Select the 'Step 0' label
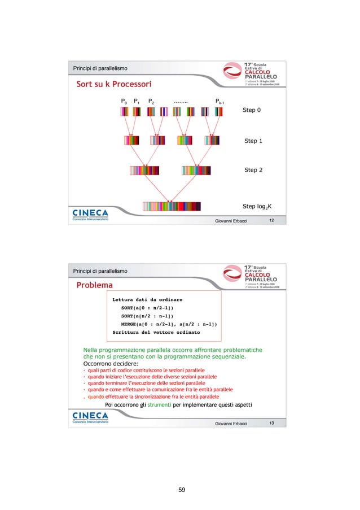click(x=251, y=110)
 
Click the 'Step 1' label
click(x=253, y=141)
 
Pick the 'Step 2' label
click(x=253, y=169)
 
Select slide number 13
click(x=271, y=423)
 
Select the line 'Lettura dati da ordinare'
click(x=147, y=299)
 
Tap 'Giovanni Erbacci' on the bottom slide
click(x=231, y=424)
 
